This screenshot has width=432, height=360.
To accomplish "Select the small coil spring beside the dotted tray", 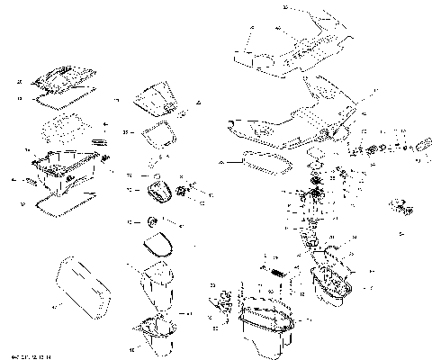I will pyautogui.click(x=102, y=141).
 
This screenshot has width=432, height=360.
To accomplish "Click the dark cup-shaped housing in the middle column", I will pyautogui.click(x=158, y=192).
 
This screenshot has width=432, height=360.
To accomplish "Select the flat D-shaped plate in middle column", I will pyautogui.click(x=158, y=244).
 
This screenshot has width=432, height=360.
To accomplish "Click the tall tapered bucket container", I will pyautogui.click(x=158, y=288).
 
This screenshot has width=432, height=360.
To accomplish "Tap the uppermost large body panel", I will pyautogui.click(x=297, y=40).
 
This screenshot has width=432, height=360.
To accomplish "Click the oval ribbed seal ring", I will pyautogui.click(x=265, y=163).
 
